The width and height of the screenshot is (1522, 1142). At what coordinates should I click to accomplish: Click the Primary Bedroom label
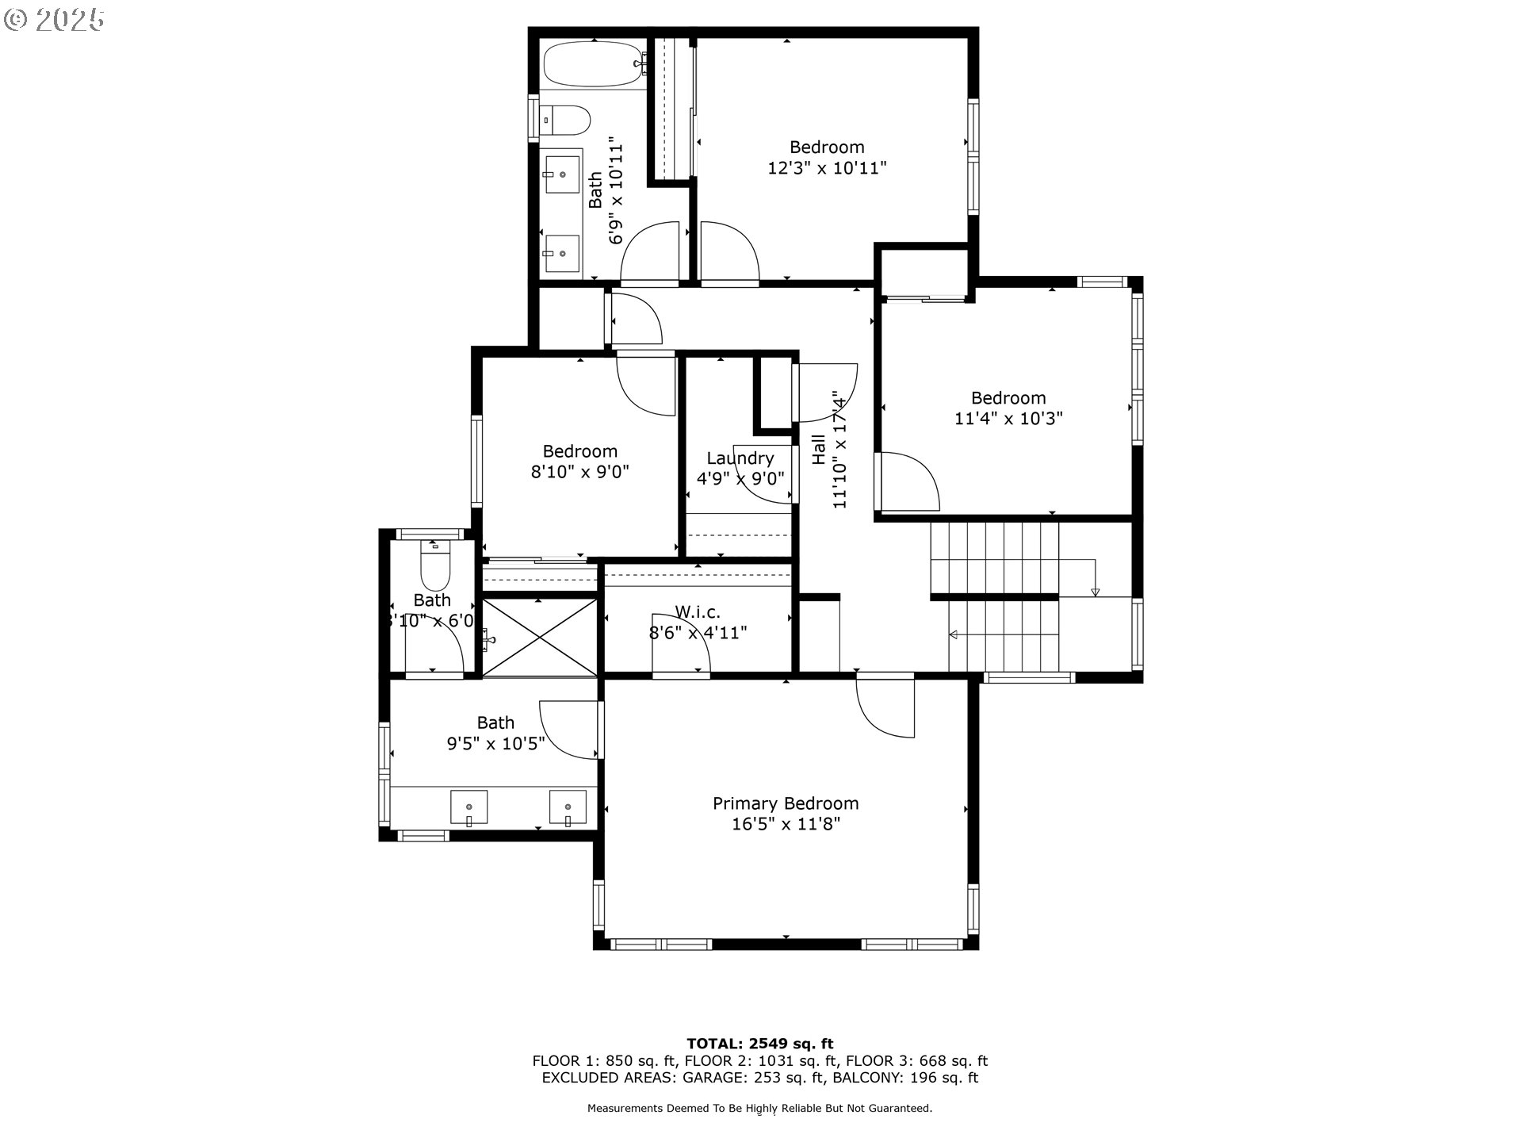785,803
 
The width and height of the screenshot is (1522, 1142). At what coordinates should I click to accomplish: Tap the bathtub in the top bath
593,64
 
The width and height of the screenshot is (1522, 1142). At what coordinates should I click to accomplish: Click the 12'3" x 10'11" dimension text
826,168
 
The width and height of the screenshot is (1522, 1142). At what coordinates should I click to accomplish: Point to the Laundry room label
740,458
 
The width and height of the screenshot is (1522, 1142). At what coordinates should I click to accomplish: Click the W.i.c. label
698,612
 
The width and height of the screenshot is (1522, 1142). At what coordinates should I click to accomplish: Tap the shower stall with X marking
540,638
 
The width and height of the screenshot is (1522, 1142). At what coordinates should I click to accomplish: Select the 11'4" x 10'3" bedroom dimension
1008,419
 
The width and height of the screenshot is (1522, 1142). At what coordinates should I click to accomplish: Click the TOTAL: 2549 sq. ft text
759,1044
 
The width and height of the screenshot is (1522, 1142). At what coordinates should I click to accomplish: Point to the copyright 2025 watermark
54,20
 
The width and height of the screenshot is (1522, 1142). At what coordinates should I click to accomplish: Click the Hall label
819,450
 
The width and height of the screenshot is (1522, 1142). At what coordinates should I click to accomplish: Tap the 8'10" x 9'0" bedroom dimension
579,472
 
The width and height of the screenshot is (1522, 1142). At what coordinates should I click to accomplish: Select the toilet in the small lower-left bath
434,565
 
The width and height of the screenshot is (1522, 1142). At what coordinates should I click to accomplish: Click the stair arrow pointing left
954,634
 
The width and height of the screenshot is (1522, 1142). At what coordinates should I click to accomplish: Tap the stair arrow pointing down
1096,590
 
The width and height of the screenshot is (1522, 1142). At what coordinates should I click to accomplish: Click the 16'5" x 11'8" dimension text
785,825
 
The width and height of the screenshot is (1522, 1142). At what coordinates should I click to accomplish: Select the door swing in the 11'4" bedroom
908,482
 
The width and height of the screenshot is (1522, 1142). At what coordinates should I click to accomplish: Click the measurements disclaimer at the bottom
759,1109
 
